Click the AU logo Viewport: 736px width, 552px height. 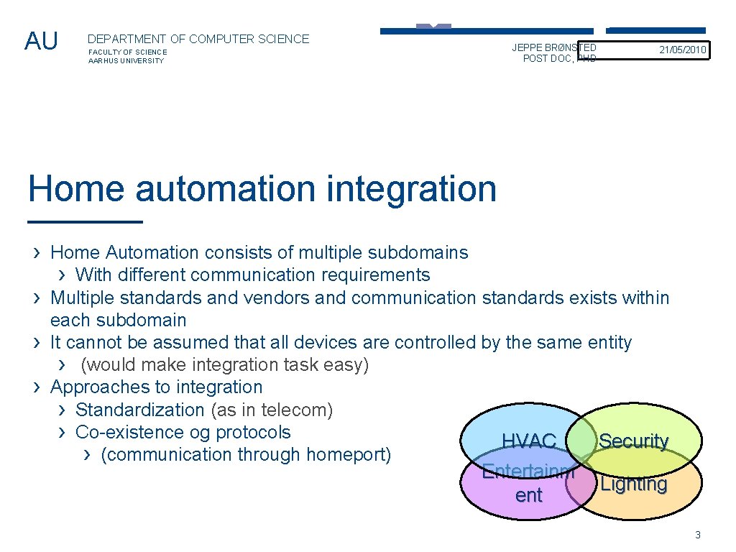click(41, 42)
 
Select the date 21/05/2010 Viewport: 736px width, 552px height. click(683, 50)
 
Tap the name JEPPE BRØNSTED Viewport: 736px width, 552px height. click(554, 47)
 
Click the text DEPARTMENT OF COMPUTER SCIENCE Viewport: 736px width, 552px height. click(198, 40)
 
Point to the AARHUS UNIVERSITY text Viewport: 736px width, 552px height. click(126, 61)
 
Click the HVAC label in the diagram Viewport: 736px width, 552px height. click(529, 441)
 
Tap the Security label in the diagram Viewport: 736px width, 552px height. click(633, 441)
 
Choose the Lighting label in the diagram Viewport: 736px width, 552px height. click(633, 484)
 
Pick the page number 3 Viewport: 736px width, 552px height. click(697, 535)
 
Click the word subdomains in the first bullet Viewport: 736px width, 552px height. click(418, 253)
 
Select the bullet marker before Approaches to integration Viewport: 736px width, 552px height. click(37, 387)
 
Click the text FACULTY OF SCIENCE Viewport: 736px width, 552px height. click(127, 52)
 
